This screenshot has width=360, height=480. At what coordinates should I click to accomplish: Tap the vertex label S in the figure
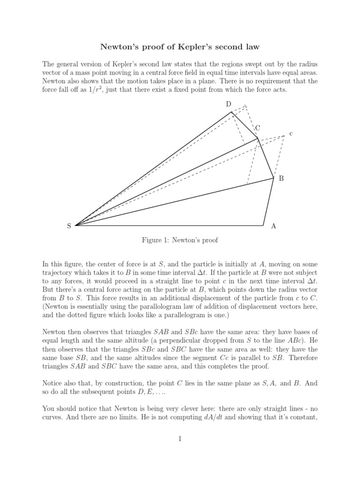(x=69, y=226)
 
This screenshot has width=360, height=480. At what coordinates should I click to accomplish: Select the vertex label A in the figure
(x=273, y=226)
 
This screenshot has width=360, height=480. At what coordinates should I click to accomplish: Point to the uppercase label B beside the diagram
(x=281, y=179)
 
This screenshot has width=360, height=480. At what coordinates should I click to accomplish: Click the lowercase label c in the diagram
(x=291, y=134)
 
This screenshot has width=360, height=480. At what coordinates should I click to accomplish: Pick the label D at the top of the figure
(x=229, y=104)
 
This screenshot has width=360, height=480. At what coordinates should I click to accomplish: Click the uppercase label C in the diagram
(x=257, y=127)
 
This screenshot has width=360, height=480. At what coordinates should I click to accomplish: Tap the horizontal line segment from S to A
(x=169, y=225)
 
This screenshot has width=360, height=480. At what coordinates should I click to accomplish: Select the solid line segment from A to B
(x=270, y=202)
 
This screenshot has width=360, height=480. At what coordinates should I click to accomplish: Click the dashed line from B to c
(x=279, y=157)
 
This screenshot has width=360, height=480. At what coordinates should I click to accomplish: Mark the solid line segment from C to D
(x=244, y=125)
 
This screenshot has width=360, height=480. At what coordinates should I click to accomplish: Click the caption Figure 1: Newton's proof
(x=180, y=240)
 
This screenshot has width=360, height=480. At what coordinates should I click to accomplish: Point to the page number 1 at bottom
(x=180, y=439)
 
